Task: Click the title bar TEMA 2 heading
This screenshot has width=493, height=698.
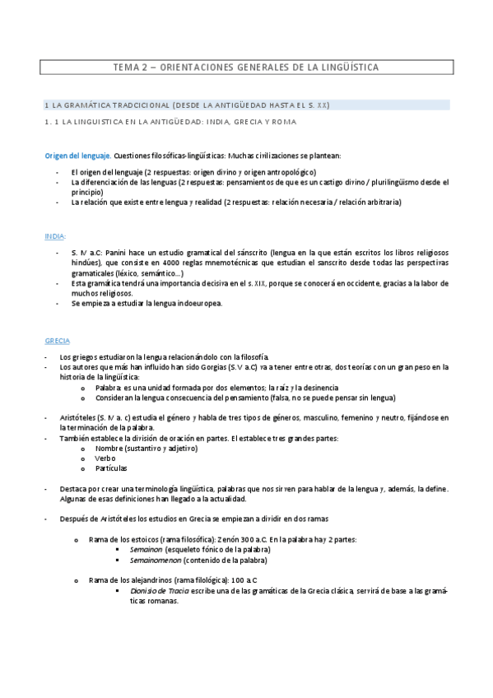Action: click(x=246, y=67)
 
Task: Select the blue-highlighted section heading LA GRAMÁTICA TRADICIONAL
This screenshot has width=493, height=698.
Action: click(x=187, y=105)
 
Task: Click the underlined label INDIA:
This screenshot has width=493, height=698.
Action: click(x=56, y=235)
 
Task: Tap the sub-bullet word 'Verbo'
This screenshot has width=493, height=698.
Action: click(x=105, y=457)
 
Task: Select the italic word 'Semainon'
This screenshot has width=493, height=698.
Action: click(x=146, y=549)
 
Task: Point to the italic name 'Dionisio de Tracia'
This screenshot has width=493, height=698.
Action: click(x=160, y=591)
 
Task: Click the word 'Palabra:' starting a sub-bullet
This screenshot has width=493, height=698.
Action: click(x=109, y=386)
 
